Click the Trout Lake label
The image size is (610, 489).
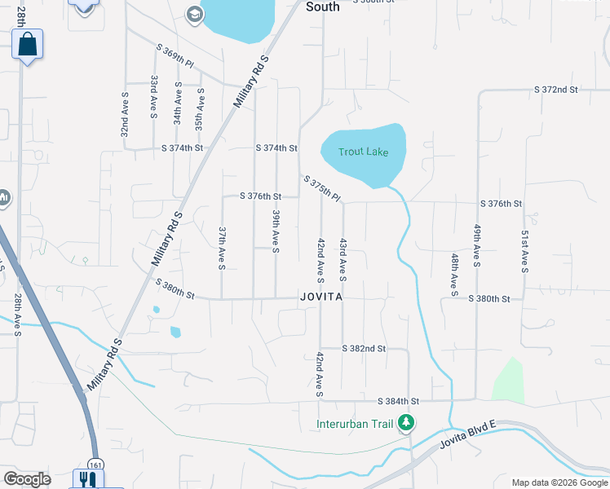pyautogui.click(x=363, y=152)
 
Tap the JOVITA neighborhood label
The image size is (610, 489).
pyautogui.click(x=320, y=298)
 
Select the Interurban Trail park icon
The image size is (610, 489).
pyautogui.click(x=405, y=423)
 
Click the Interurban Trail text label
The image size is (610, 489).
pyautogui.click(x=356, y=424)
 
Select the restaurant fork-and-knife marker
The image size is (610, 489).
pyautogui.click(x=84, y=479)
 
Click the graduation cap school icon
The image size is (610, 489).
pyautogui.click(x=194, y=14)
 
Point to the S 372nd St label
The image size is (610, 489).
pyautogui.click(x=555, y=89)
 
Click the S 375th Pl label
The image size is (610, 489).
pyautogui.click(x=321, y=189)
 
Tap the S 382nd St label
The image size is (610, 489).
pyautogui.click(x=364, y=348)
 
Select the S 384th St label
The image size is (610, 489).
pyautogui.click(x=398, y=402)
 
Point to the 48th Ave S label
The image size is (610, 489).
pyautogui.click(x=455, y=273)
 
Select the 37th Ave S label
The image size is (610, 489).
pyautogui.click(x=221, y=248)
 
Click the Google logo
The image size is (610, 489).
pyautogui.click(x=27, y=479)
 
